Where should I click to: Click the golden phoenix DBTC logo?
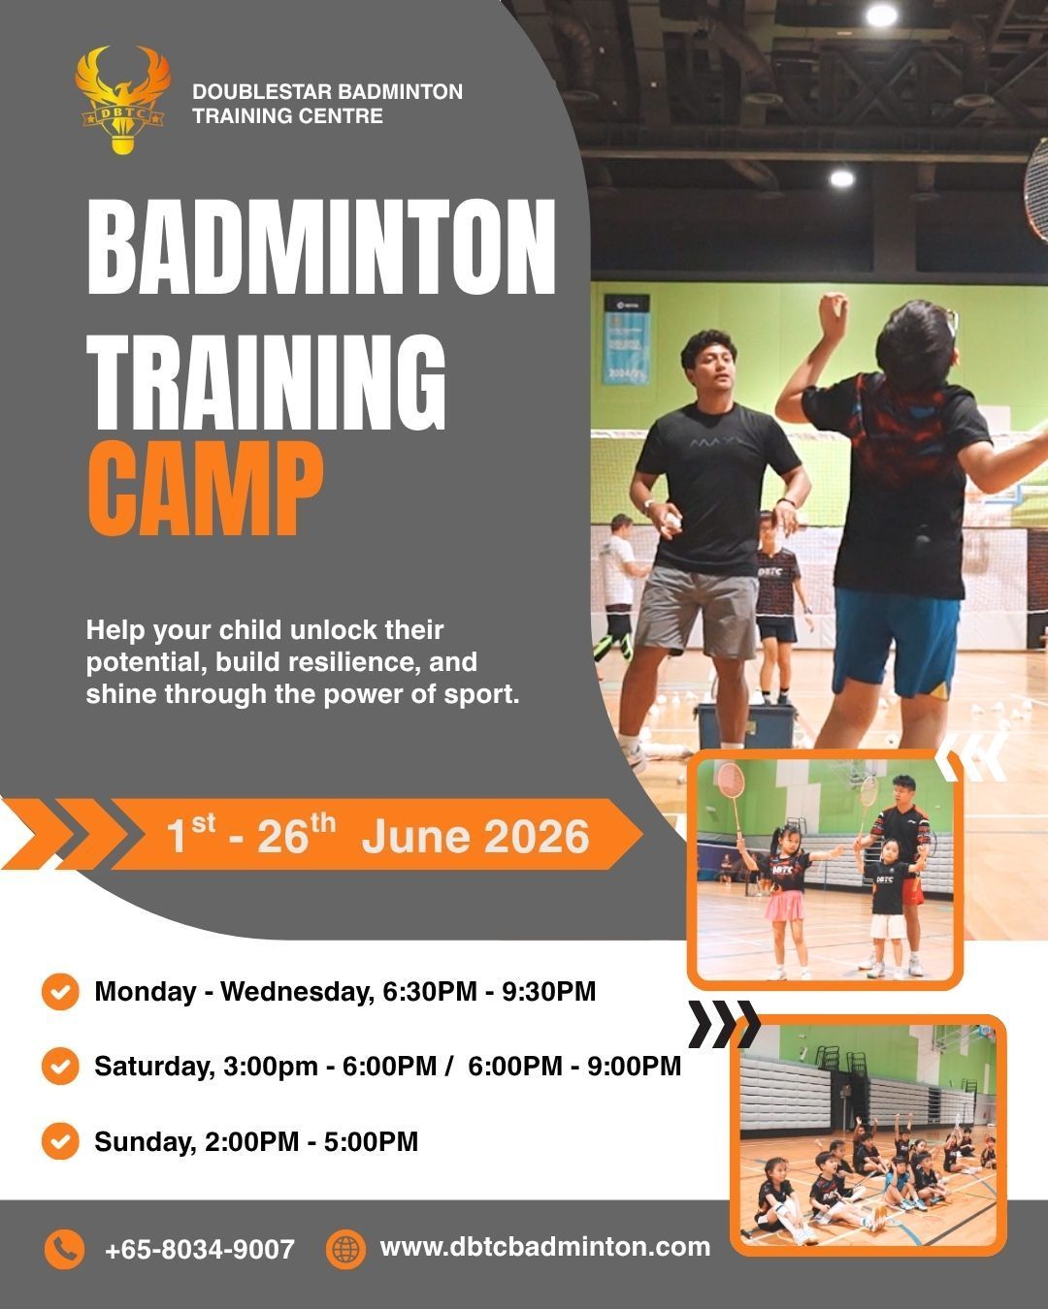[x=122, y=100]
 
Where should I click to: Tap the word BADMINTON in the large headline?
[x=321, y=247]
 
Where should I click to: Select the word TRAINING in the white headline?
[x=266, y=383]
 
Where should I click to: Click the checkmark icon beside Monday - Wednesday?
[x=60, y=992]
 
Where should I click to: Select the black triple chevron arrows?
[x=725, y=1024]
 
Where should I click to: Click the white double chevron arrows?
[x=971, y=756]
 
